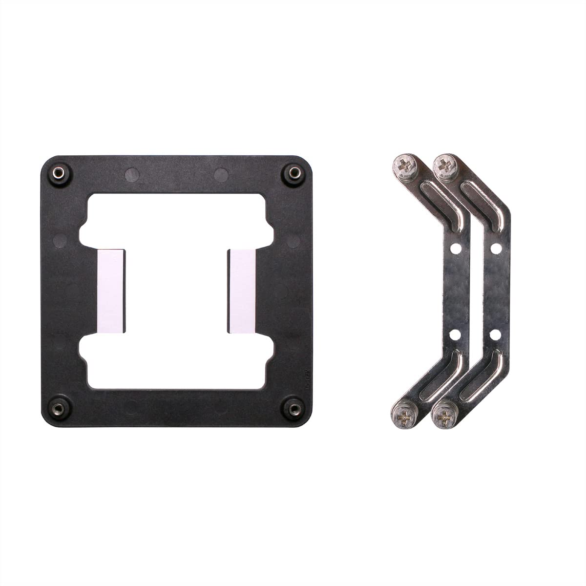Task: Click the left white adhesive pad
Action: tap(111, 291)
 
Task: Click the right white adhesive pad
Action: tap(241, 291)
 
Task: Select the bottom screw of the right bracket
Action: tap(445, 416)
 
